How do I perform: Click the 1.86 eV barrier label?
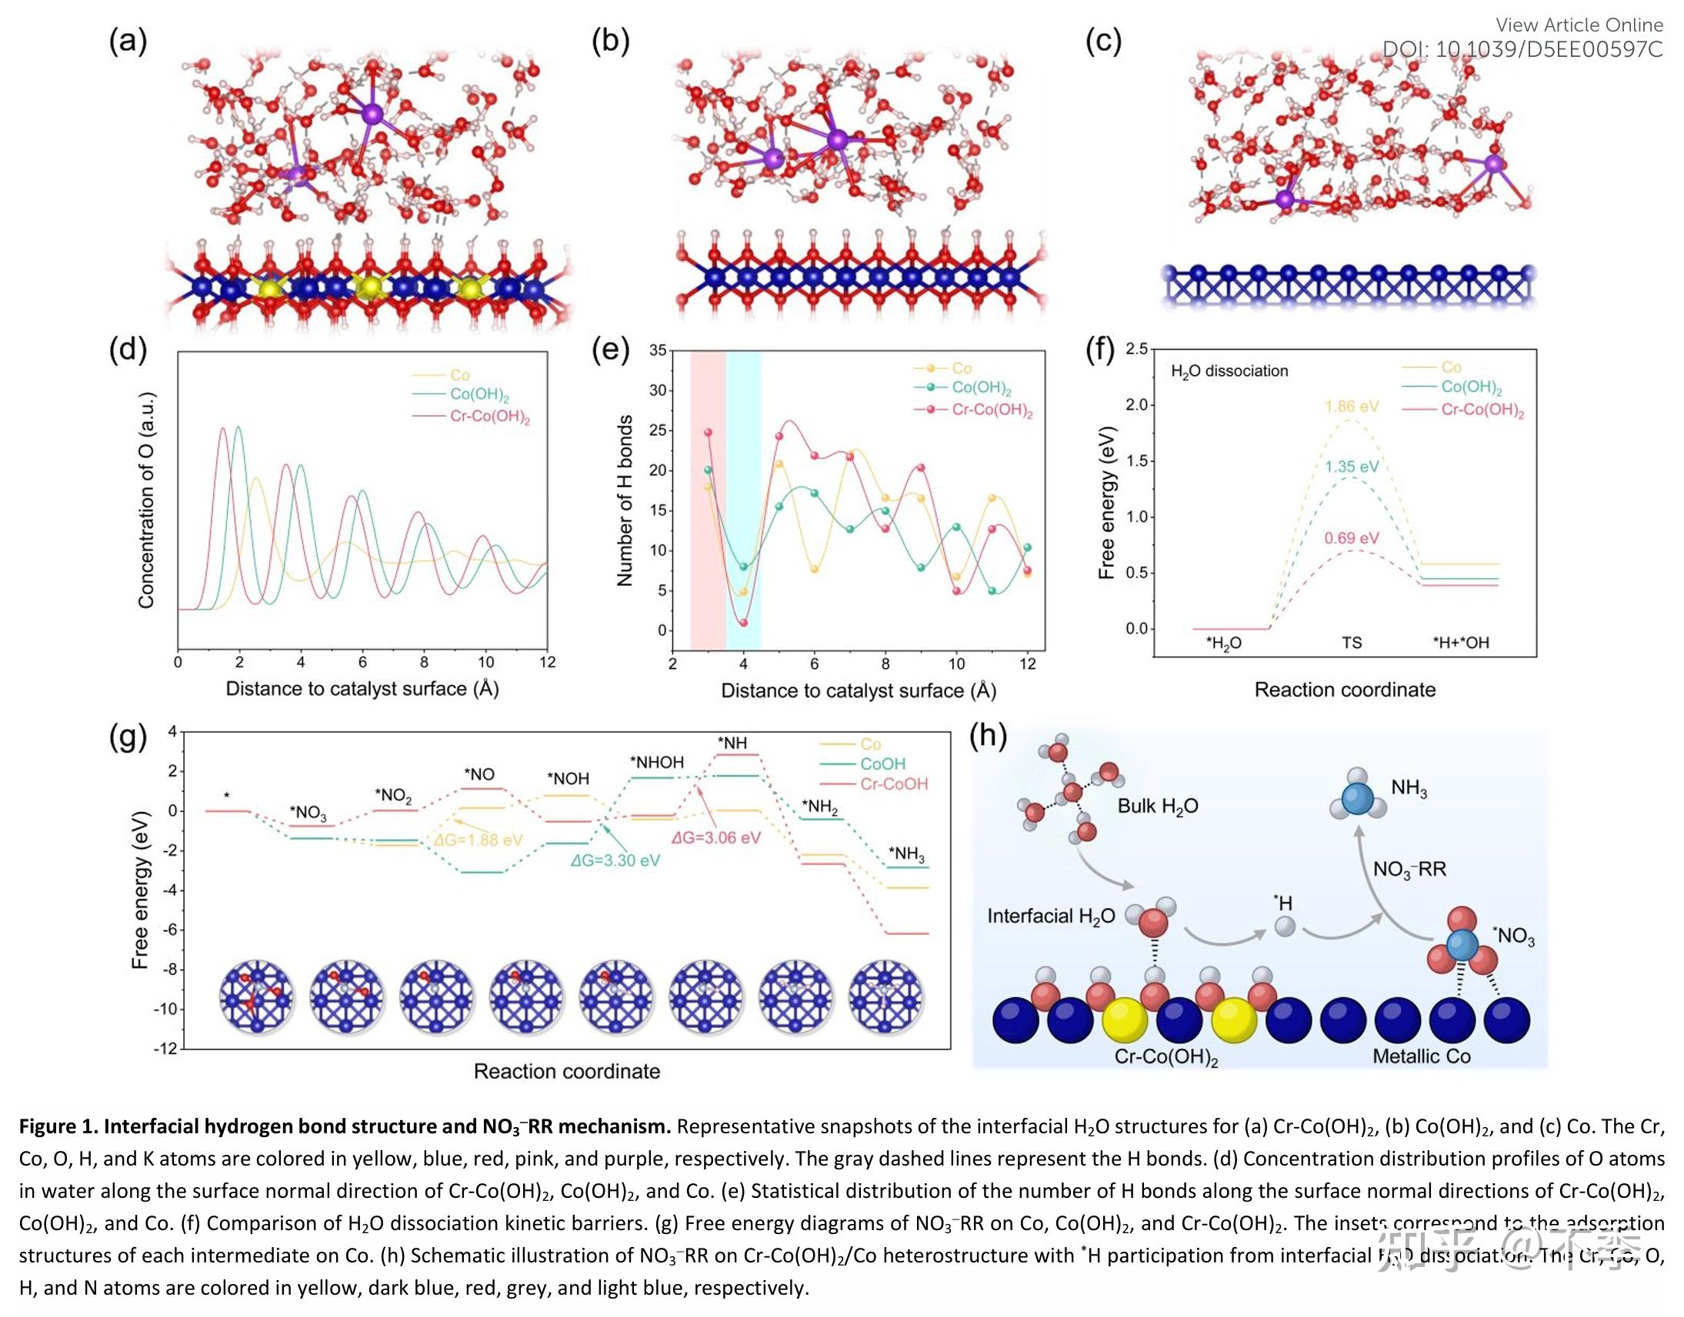1352,407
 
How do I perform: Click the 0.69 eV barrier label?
1352,538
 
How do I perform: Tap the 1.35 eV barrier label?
1352,467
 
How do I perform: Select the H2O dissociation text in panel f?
1229,371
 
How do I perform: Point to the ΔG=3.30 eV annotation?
615,860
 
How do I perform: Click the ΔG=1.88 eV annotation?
478,840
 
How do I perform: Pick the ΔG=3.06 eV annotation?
716,837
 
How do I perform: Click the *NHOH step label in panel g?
656,762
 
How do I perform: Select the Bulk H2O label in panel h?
1157,806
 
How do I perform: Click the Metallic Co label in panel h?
1421,1056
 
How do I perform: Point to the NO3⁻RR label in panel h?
1409,870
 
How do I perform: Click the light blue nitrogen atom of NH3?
1359,799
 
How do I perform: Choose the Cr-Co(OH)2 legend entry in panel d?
489,418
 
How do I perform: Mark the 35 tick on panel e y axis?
657,351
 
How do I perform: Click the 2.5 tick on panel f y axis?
1136,349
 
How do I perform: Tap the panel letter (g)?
128,737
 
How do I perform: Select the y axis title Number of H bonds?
625,501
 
